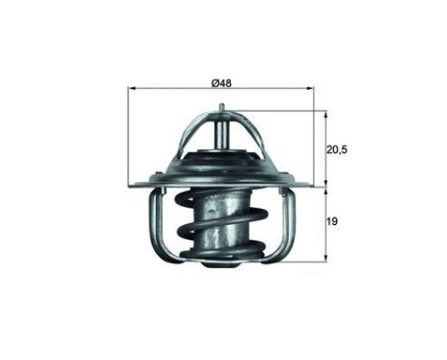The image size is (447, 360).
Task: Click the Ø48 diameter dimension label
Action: tap(222, 82)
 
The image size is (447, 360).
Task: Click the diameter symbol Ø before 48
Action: tap(214, 82)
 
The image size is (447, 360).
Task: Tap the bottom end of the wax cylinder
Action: tap(222, 257)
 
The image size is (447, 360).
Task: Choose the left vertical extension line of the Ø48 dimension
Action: tap(127, 134)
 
